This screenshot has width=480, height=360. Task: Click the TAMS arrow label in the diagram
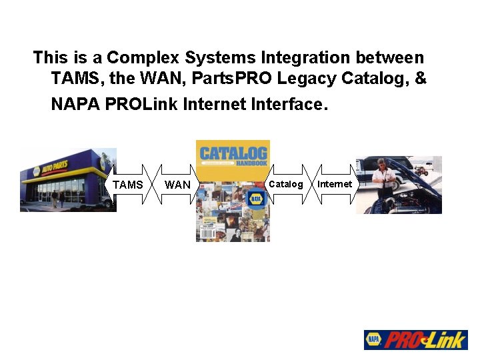(128, 185)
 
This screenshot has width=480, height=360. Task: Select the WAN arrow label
(177, 185)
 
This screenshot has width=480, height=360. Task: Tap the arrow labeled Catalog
(285, 184)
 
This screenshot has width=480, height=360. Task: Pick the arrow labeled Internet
(335, 184)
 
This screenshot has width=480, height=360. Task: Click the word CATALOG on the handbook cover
(233, 153)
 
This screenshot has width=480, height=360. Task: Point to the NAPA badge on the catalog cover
(255, 198)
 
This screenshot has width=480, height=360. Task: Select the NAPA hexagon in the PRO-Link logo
(374, 340)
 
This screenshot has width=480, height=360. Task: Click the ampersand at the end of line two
(420, 79)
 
